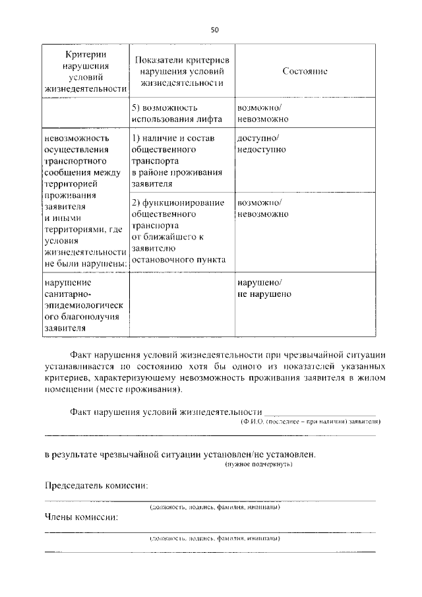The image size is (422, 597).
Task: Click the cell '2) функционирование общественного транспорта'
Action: [177, 230]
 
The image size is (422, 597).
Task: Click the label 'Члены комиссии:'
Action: [81, 517]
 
